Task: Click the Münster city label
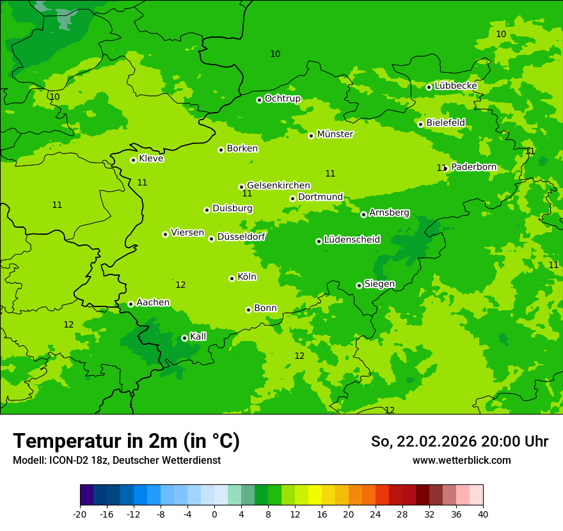[x=335, y=134]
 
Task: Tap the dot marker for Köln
[x=232, y=278]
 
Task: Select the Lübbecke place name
[x=456, y=86]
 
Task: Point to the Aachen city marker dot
[x=131, y=304]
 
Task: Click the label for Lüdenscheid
[x=352, y=240]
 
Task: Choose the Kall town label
[x=198, y=337]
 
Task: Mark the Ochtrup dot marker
[x=259, y=100]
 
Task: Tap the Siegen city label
[x=379, y=284]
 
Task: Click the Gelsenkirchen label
[x=278, y=186]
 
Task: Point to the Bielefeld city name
[x=445, y=122]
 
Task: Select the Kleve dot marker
[x=133, y=160]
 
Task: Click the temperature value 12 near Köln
[x=180, y=285]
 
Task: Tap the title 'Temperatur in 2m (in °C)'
[x=126, y=441]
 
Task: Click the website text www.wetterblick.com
[x=461, y=460]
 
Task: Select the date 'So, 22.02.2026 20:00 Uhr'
[x=459, y=441]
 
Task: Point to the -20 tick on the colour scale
[x=80, y=514]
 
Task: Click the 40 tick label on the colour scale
[x=482, y=514]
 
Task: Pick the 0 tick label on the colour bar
[x=214, y=514]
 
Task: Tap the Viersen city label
[x=187, y=233]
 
